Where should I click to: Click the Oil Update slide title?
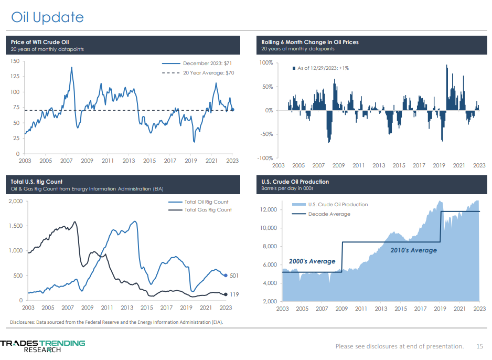[48, 17]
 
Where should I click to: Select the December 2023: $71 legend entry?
[208, 63]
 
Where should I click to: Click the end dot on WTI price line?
[233, 110]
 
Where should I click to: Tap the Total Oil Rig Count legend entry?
[206, 202]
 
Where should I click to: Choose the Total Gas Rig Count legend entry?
[208, 210]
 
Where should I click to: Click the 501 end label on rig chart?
[234, 275]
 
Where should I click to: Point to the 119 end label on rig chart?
[234, 295]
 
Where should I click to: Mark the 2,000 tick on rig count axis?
[15, 201]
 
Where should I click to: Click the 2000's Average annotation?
[312, 261]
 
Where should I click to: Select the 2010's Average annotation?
[413, 250]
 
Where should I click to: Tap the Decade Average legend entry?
[328, 214]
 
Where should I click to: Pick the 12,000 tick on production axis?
[268, 210]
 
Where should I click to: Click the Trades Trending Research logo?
[42, 346]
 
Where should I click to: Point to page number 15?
[479, 346]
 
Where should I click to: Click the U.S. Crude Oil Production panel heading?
[295, 182]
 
